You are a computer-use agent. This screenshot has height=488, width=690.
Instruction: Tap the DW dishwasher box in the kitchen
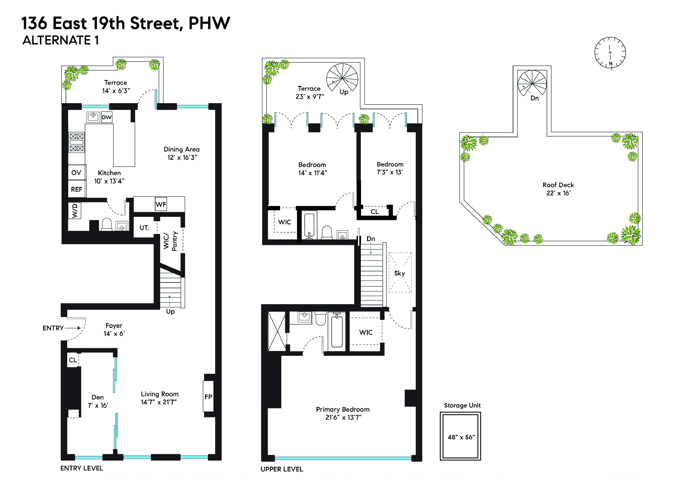pos(107,117)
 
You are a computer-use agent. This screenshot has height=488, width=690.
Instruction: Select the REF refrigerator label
pos(77,189)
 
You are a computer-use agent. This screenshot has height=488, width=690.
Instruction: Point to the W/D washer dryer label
pos(75,211)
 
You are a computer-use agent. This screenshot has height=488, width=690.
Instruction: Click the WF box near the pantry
pos(161,204)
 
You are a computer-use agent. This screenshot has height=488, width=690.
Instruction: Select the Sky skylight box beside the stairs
pos(400,273)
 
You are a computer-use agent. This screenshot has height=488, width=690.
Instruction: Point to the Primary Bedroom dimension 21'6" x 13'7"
pos(343,417)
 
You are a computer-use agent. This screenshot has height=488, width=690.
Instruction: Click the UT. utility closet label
pos(144,228)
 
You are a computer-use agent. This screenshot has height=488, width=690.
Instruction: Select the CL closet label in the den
pos(73,360)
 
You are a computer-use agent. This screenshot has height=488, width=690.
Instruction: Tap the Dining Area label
pos(182,149)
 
